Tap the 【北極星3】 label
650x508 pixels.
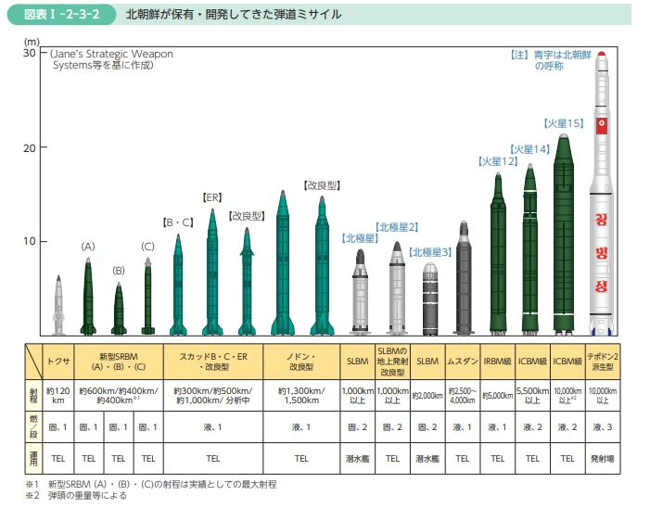(430, 251)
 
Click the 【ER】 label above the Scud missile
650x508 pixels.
(212, 197)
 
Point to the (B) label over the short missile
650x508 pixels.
(118, 271)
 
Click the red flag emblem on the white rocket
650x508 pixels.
(601, 124)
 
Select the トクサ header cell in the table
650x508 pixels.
(59, 361)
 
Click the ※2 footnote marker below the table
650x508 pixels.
(32, 496)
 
